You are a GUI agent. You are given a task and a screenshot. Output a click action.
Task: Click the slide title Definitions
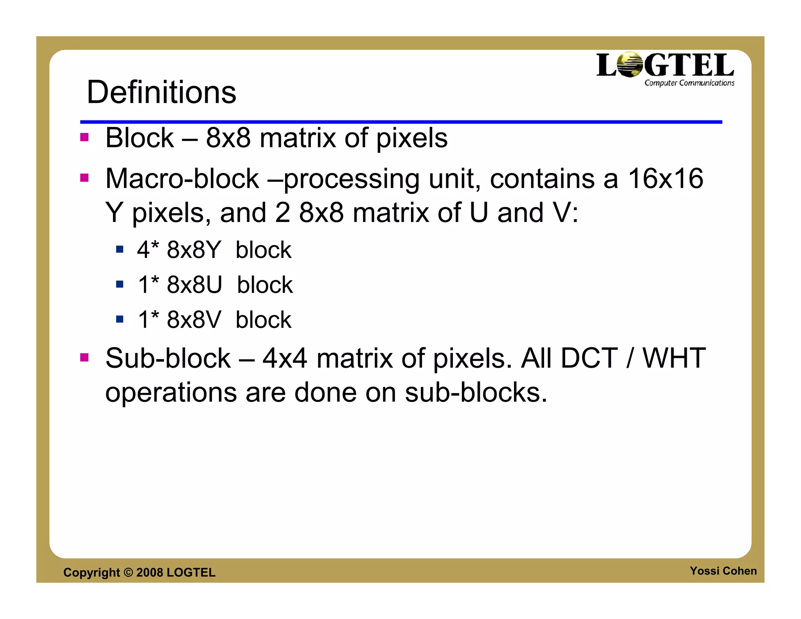161,92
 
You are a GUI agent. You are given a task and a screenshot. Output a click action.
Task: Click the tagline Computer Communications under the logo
689,83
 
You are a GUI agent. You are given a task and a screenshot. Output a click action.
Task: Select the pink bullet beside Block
84,137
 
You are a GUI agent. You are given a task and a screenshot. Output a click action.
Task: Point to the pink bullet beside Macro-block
84,178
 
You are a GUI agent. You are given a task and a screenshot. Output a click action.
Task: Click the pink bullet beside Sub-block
84,357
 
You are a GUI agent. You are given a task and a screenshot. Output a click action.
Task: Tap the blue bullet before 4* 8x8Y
120,249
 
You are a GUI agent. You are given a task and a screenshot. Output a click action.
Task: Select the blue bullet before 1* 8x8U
120,284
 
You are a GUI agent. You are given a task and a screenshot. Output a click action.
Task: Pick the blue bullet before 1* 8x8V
120,319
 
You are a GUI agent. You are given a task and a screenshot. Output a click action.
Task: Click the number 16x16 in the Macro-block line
665,178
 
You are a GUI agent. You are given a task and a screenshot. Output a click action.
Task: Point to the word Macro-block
182,178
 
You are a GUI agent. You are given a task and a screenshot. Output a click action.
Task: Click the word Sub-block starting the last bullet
168,358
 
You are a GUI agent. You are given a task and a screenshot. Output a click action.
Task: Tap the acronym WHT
674,358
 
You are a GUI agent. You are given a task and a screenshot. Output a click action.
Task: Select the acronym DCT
589,358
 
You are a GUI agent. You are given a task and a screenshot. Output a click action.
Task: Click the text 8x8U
194,284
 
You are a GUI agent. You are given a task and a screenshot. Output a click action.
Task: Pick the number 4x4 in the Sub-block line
285,358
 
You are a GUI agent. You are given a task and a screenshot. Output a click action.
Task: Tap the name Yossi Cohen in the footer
723,571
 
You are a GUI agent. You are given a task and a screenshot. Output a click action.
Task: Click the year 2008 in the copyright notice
149,572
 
